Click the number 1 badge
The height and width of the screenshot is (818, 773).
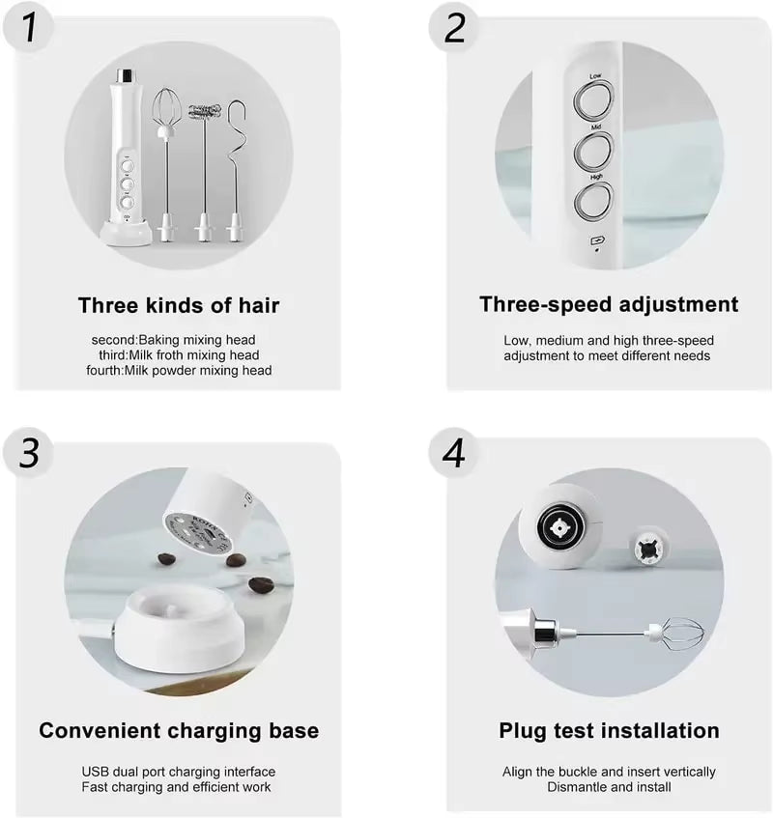[31, 29]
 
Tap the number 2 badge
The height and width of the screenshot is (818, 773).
[455, 29]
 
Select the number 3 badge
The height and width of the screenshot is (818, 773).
[31, 453]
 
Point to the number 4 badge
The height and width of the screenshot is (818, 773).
[455, 453]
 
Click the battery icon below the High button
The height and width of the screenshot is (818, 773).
[595, 240]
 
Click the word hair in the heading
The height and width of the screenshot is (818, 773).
[254, 306]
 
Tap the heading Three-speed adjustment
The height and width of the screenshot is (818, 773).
[609, 304]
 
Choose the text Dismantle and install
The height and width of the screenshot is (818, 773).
[609, 786]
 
